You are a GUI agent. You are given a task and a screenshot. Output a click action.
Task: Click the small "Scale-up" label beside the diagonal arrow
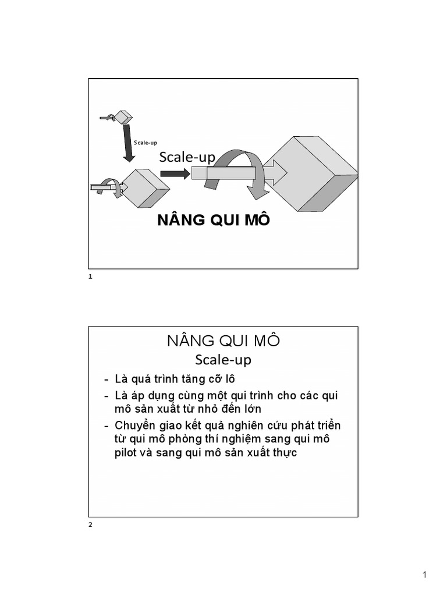(145, 143)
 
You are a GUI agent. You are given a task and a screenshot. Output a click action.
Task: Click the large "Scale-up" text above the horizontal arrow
(187, 157)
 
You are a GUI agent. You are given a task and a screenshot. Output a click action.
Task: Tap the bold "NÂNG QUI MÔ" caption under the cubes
(214, 219)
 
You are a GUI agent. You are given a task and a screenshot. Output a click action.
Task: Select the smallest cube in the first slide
(123, 116)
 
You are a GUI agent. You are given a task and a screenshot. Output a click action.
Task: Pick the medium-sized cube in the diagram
(145, 189)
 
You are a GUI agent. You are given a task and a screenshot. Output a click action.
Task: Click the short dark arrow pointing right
(175, 174)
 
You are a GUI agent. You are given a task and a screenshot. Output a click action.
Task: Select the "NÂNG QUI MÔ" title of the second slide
(223, 341)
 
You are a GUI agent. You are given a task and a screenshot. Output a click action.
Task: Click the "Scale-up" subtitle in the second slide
(223, 360)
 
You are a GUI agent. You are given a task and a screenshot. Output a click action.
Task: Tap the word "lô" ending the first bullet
(229, 379)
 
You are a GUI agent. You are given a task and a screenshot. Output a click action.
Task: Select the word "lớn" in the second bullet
(251, 409)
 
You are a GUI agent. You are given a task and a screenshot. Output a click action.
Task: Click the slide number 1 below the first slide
(90, 276)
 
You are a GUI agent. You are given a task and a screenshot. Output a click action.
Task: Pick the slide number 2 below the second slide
(90, 525)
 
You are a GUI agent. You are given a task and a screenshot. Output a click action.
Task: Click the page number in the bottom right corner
(424, 574)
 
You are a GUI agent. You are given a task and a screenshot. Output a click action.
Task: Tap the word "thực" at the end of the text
(285, 453)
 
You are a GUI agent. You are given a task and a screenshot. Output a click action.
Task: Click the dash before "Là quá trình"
(107, 380)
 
